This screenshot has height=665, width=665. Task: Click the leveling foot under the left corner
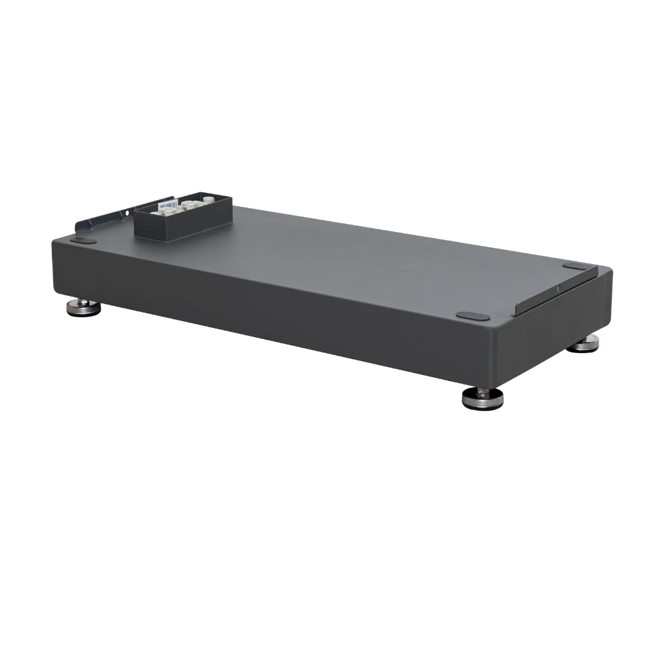click(x=82, y=309)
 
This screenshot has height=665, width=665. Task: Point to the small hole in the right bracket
click(x=557, y=289)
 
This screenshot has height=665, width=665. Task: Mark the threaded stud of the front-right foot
click(x=481, y=392)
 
